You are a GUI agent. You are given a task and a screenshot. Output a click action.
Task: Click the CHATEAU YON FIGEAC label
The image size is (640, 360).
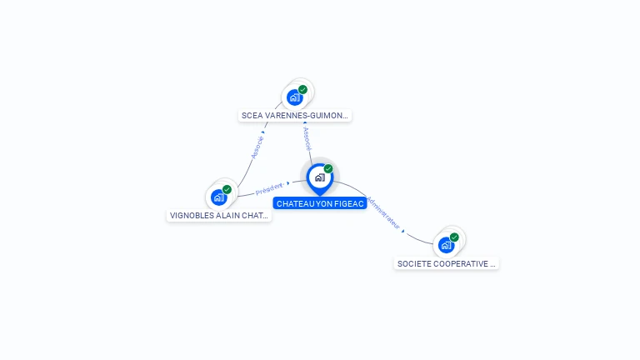click(x=320, y=203)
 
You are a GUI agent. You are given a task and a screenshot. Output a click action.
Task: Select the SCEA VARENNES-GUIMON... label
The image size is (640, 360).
click(x=294, y=116)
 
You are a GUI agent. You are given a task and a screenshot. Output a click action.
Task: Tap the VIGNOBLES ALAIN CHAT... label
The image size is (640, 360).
click(x=219, y=215)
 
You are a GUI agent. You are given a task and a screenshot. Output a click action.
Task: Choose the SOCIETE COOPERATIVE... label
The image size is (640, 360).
click(x=446, y=263)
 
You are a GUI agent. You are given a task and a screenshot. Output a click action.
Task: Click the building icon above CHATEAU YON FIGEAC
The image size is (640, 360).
click(x=318, y=177)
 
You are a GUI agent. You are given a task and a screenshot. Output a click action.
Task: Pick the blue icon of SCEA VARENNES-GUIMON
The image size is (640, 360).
click(x=294, y=97)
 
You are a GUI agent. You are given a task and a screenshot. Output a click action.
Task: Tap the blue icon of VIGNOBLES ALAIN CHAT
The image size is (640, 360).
click(x=218, y=197)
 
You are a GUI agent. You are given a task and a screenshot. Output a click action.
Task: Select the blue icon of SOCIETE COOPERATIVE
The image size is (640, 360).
click(x=446, y=245)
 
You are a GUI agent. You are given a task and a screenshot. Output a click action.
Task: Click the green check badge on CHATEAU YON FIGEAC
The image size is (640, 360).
click(x=328, y=169)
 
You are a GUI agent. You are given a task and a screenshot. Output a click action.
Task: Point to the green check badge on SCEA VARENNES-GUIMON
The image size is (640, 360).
click(x=302, y=89)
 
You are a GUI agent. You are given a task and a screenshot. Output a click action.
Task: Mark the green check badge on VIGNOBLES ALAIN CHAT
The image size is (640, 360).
click(x=227, y=189)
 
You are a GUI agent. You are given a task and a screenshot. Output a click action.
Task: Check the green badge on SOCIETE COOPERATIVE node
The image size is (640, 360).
click(x=454, y=237)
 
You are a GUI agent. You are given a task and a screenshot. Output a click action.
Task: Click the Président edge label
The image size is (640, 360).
click(x=269, y=187)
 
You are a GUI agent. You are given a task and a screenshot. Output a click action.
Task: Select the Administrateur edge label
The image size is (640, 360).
click(x=384, y=213)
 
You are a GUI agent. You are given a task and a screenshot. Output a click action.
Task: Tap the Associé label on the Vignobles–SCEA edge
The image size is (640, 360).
click(x=257, y=147)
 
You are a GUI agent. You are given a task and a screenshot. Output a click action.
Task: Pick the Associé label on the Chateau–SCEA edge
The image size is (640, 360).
click(x=307, y=138)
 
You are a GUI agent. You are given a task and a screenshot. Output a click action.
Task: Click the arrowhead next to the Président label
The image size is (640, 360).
click(x=288, y=182)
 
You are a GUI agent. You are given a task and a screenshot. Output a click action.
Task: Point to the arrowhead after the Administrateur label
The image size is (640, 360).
click(x=403, y=232)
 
